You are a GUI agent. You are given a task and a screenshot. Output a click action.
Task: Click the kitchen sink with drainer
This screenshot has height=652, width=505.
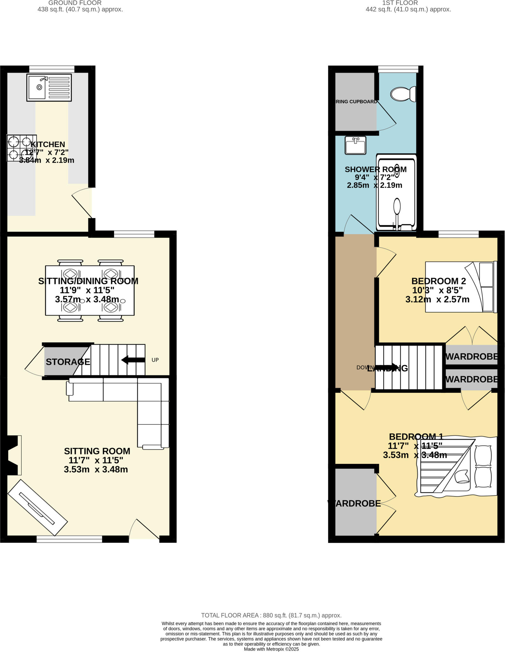[49, 88]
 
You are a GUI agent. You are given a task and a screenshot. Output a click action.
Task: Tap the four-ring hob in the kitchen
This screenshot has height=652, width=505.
[21, 148]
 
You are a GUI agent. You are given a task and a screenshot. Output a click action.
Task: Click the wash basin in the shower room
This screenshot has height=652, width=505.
[356, 145]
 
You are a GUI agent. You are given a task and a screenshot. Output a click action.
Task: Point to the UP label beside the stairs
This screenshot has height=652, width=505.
[155, 360]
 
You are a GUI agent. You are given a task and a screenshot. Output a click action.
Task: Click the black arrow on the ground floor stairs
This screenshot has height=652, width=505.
[133, 360]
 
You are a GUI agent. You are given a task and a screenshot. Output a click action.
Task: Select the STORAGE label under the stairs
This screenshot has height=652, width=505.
[68, 362]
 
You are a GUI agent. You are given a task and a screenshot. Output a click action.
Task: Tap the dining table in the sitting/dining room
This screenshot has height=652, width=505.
[89, 290]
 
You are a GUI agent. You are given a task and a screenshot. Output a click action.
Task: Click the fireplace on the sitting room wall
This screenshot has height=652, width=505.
[13, 455]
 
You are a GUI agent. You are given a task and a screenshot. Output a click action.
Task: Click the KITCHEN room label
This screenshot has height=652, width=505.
[47, 144]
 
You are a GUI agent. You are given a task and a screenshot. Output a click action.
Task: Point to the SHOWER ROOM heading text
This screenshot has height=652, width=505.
[375, 169]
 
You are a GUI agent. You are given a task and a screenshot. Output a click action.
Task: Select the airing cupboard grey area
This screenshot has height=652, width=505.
[355, 102]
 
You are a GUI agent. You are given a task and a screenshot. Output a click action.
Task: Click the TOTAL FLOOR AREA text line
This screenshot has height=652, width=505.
[271, 615]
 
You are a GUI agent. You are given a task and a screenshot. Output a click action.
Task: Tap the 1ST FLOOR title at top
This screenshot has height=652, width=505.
[400, 3]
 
